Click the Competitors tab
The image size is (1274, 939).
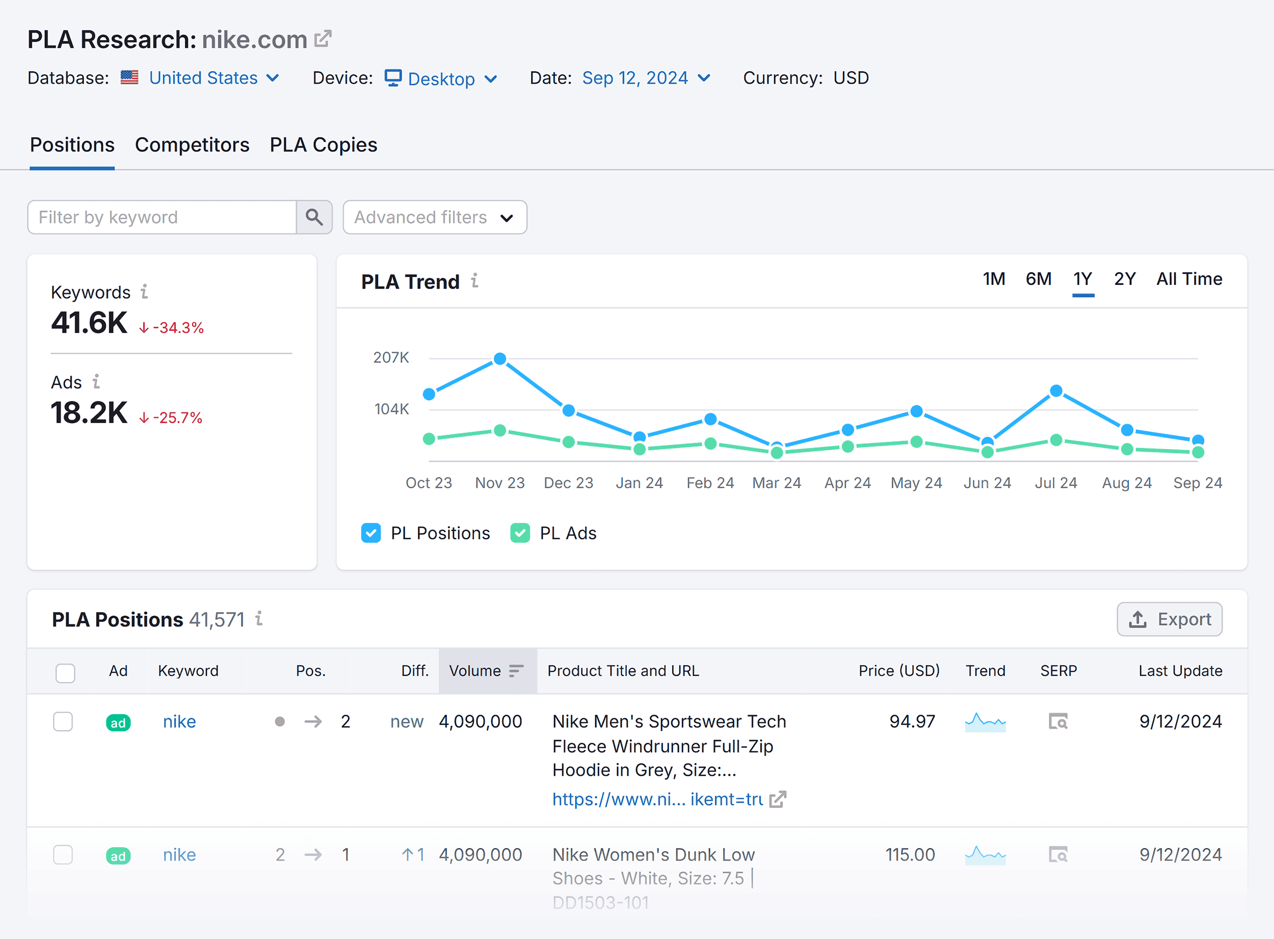click(x=192, y=145)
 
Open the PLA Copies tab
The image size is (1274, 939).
click(x=323, y=145)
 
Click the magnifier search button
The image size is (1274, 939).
click(x=314, y=217)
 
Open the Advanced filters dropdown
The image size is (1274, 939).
click(x=435, y=217)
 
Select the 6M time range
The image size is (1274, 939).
click(x=1038, y=279)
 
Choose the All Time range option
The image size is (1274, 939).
click(x=1189, y=279)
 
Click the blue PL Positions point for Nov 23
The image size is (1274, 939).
click(x=500, y=359)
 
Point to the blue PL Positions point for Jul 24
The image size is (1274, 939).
click(x=1056, y=391)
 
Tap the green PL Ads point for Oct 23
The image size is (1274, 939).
click(x=430, y=439)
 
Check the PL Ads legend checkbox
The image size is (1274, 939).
click(x=520, y=533)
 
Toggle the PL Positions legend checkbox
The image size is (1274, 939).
click(x=371, y=533)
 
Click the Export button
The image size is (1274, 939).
click(x=1170, y=619)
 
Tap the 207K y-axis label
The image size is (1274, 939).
click(x=391, y=357)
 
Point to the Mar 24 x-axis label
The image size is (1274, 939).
click(x=777, y=483)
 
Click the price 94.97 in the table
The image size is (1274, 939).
click(x=912, y=721)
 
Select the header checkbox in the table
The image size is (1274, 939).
click(x=65, y=673)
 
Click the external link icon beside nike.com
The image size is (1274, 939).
click(x=323, y=39)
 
